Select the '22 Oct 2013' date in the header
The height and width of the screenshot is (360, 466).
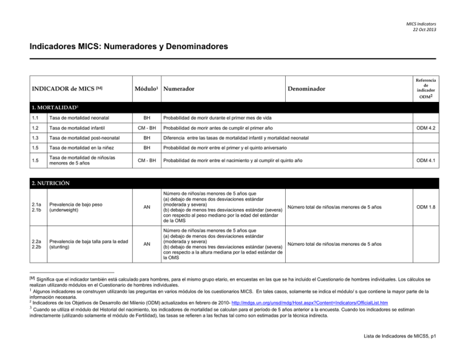click(423, 30)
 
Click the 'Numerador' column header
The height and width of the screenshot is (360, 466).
click(178, 89)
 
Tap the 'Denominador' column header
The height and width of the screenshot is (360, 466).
click(307, 89)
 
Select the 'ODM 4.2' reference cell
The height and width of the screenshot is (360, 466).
click(424, 128)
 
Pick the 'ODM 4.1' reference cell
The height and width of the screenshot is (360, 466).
click(424, 160)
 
